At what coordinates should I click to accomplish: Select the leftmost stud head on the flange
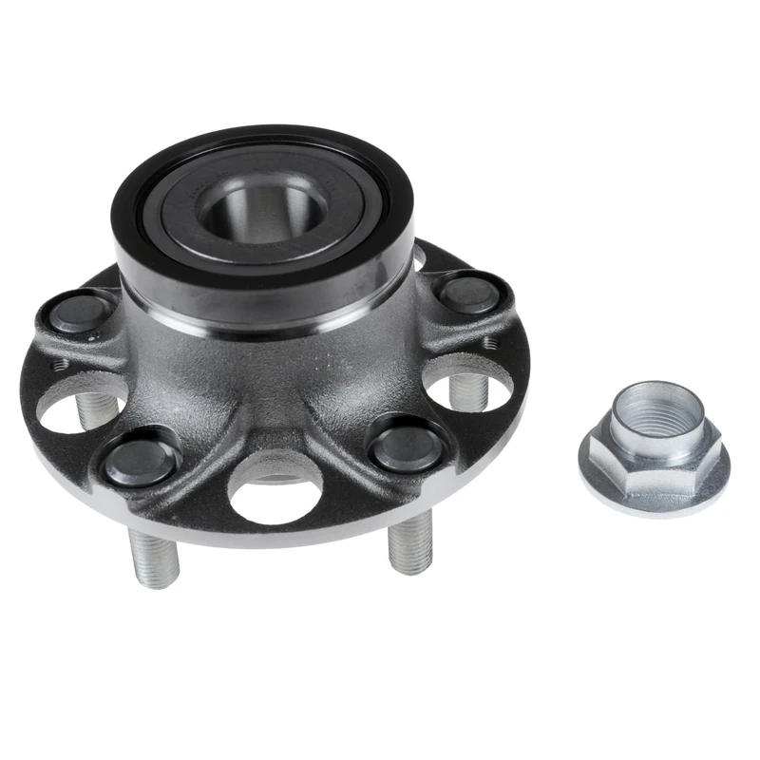(x=80, y=313)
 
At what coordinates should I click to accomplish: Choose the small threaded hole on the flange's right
(x=488, y=341)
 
